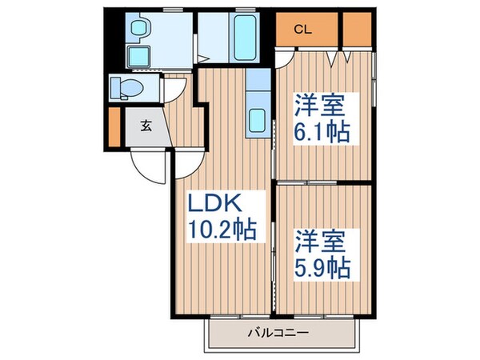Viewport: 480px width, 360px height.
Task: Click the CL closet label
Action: point(302,30)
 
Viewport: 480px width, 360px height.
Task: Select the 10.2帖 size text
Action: point(222,231)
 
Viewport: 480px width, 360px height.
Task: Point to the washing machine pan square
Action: point(141,57)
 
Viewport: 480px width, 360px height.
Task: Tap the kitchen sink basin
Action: point(258,121)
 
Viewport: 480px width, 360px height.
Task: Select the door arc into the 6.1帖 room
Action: point(286,60)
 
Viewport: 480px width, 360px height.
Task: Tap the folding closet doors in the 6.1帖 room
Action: point(341,57)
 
